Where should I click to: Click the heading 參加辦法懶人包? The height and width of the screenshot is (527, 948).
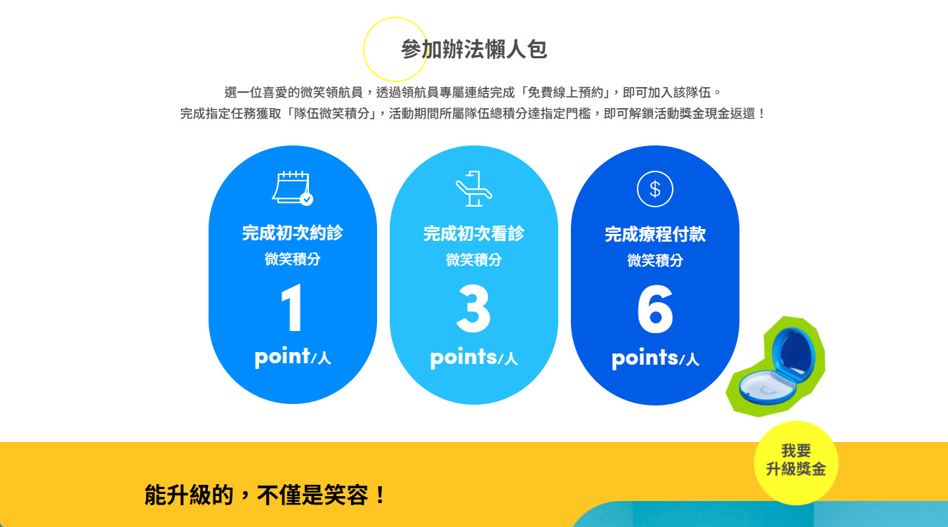pos(474,49)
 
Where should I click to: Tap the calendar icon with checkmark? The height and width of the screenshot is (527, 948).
pos(292,188)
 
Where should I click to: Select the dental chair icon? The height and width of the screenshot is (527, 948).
pos(473,189)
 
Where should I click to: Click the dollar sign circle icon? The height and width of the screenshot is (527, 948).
pos(654,189)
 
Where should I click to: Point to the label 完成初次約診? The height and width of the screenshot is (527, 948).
pos(292,233)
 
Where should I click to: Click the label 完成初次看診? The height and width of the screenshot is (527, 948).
pos(473,233)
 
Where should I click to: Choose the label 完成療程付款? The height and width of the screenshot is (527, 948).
pos(655,234)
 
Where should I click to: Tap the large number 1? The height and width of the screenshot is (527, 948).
pos(291,308)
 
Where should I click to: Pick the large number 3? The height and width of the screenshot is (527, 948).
pos(473,308)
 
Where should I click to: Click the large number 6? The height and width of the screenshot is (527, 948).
pos(655,309)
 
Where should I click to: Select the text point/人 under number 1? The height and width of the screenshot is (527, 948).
pos(292,357)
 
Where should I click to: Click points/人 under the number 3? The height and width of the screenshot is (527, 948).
pos(473,358)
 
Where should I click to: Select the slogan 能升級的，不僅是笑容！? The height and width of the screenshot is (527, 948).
pos(265,495)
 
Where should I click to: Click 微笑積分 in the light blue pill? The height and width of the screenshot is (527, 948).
pos(473,260)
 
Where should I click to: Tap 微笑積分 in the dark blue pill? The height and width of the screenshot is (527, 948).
pos(655,261)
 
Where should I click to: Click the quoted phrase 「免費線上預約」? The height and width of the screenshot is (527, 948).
pos(565,92)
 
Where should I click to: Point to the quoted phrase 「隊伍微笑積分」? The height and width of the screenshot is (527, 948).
pos(331,114)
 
